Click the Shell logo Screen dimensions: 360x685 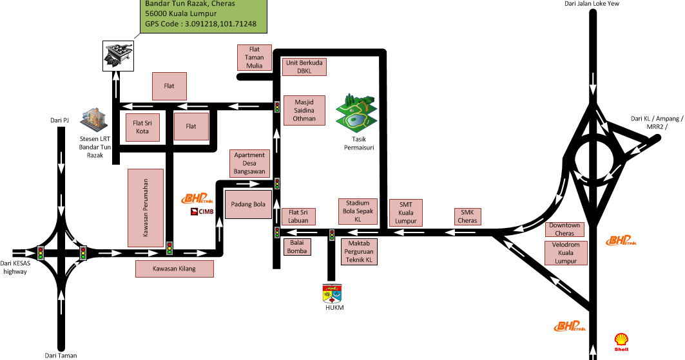[621, 341]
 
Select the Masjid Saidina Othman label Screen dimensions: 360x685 [305, 110]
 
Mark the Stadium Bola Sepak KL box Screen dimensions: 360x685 [357, 211]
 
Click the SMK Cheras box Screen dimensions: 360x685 [468, 216]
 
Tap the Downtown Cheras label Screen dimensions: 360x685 [564, 229]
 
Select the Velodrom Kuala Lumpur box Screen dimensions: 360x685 [566, 252]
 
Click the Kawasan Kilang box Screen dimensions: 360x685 [174, 269]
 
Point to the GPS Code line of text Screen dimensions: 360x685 [200, 24]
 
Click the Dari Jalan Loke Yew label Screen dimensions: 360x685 [592, 5]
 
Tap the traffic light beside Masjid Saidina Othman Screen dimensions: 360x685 [277, 107]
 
